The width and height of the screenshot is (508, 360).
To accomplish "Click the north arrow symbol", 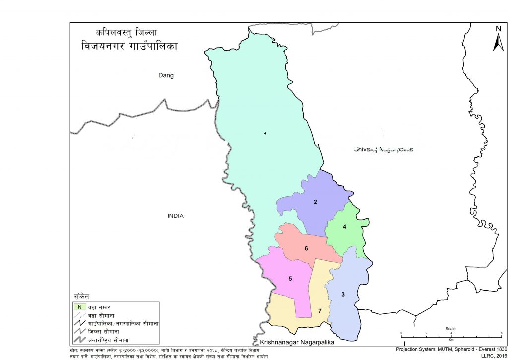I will [498, 40].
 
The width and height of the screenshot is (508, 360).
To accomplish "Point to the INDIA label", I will [176, 216].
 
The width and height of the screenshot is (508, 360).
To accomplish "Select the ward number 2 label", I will [315, 202].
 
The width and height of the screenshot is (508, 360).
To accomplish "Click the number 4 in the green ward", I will [344, 227].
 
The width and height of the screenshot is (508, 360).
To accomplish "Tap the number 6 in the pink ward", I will [307, 248].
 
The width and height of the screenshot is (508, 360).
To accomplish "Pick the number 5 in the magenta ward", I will [290, 279].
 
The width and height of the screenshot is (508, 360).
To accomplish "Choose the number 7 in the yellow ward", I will [320, 311].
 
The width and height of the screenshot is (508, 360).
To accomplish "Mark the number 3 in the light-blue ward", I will [343, 294].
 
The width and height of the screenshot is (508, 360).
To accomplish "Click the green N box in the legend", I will [79, 307].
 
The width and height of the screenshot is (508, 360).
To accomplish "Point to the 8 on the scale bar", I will [502, 333].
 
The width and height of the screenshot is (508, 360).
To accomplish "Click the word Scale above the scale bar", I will [450, 328].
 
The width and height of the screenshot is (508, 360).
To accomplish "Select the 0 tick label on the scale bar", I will [401, 333].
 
